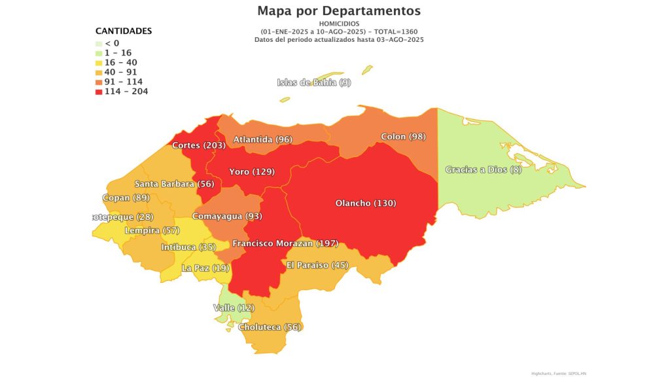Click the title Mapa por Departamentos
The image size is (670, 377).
(339, 10)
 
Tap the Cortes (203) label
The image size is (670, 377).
(199, 145)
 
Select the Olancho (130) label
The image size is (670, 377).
(365, 203)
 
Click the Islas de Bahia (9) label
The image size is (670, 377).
(314, 82)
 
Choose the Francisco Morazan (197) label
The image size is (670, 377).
(285, 243)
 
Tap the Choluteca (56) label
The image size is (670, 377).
(270, 327)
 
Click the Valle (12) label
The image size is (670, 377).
(234, 308)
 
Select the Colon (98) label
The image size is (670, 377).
(403, 137)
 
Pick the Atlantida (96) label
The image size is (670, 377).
(262, 139)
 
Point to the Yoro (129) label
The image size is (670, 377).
(252, 171)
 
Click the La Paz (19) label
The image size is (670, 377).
(205, 268)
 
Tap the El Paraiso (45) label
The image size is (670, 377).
(317, 265)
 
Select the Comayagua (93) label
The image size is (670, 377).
(227, 216)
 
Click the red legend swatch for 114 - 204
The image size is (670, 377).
(99, 92)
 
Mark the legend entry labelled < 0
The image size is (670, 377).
(112, 43)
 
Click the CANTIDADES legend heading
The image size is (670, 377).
(124, 31)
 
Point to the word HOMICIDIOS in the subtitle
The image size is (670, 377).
(338, 24)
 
